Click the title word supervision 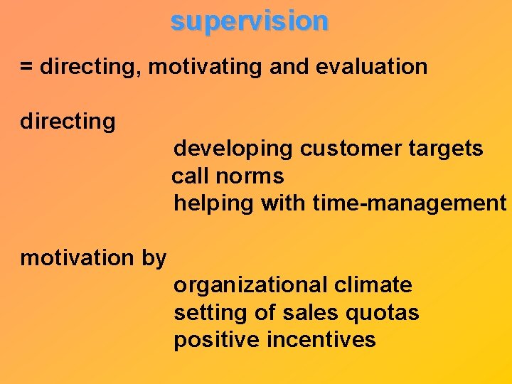pyautogui.click(x=250, y=21)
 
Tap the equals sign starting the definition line pyautogui.click(x=26, y=68)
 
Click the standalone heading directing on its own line pyautogui.click(x=68, y=122)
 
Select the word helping pyautogui.click(x=214, y=204)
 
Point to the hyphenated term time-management pyautogui.click(x=409, y=204)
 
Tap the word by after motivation pyautogui.click(x=154, y=258)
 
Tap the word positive pyautogui.click(x=217, y=341)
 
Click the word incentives pyautogui.click(x=321, y=340)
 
